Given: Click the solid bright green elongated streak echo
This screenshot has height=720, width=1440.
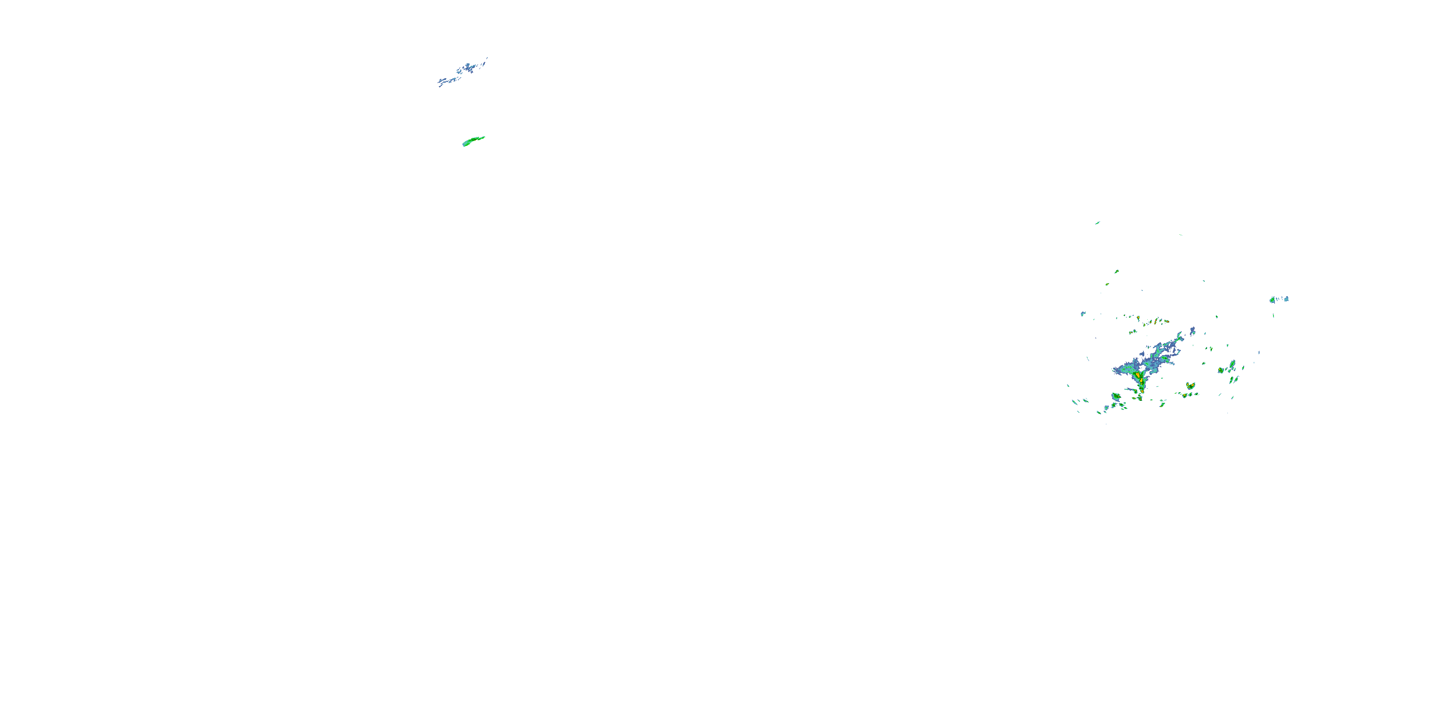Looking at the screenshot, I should [473, 141].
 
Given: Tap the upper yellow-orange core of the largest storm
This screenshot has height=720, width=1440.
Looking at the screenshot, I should [1138, 374].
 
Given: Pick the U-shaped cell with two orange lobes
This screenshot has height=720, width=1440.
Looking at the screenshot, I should [1191, 386].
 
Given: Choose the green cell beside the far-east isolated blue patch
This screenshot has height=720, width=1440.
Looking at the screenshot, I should [1273, 300].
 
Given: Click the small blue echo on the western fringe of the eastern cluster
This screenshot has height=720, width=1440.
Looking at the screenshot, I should [1083, 313].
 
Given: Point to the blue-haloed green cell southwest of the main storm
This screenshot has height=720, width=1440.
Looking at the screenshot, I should [1116, 397].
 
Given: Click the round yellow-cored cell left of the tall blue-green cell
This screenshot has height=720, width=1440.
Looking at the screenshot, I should [1221, 370].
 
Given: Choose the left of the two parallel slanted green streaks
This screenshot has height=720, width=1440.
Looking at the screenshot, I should [1232, 380].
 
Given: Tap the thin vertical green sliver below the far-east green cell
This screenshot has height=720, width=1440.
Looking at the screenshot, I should [1274, 316].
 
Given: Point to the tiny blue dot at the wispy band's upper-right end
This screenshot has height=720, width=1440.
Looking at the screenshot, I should [487, 58].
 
